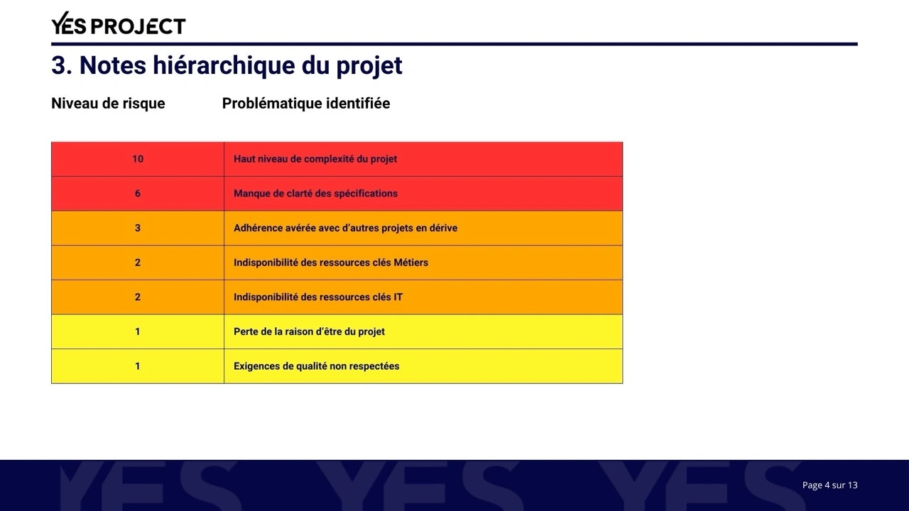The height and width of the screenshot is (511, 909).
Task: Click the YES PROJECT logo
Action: point(118,25)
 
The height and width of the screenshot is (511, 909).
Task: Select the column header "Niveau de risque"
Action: point(108,104)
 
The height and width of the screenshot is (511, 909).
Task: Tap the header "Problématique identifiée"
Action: point(305,104)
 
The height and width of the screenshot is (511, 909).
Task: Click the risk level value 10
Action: point(138,159)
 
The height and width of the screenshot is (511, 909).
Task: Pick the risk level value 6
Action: point(138,194)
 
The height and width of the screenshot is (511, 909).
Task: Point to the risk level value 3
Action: point(138,228)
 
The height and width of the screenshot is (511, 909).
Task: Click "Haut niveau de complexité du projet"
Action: point(315,159)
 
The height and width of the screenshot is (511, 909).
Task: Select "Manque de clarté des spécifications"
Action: point(315,194)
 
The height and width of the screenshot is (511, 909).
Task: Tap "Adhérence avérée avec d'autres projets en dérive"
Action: point(345,228)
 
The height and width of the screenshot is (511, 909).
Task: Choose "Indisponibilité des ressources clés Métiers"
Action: point(331,263)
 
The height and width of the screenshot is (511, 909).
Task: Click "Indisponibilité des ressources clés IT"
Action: point(317,297)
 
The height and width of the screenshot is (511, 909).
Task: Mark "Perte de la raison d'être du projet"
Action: point(309,331)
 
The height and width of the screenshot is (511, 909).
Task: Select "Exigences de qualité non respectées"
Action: point(316,366)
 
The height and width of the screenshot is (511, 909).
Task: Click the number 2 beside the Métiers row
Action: point(138,263)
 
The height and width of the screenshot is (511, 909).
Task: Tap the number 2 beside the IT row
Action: point(138,297)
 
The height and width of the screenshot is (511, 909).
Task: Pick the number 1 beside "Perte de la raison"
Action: point(138,331)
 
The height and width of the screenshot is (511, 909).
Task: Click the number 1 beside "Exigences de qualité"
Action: point(138,366)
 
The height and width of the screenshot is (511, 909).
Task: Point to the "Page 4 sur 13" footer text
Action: point(829,485)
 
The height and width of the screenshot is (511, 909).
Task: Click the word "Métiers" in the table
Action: point(410,263)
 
